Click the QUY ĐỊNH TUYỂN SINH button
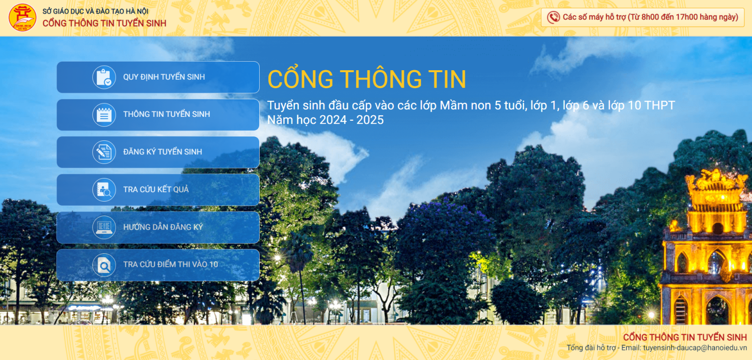pyautogui.click(x=158, y=77)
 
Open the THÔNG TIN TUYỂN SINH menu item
pyautogui.click(x=158, y=115)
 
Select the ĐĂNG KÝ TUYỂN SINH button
pyautogui.click(x=158, y=152)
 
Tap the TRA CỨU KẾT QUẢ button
pyautogui.click(x=158, y=190)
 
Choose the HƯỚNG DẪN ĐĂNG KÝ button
pyautogui.click(x=158, y=227)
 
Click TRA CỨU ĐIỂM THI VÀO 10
pyautogui.click(x=158, y=265)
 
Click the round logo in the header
pyautogui.click(x=23, y=18)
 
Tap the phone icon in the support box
pyautogui.click(x=553, y=18)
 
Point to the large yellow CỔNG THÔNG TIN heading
pyautogui.click(x=366, y=79)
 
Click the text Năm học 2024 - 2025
pyautogui.click(x=325, y=120)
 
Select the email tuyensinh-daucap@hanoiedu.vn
pyautogui.click(x=695, y=347)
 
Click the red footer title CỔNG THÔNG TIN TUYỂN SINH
pyautogui.click(x=685, y=337)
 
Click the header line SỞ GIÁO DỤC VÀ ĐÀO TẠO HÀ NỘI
pyautogui.click(x=95, y=11)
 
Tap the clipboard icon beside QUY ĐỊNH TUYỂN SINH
pyautogui.click(x=104, y=77)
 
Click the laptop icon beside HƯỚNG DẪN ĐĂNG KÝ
pyautogui.click(x=104, y=227)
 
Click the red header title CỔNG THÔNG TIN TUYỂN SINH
pyautogui.click(x=104, y=23)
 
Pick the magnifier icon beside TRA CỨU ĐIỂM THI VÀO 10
pyautogui.click(x=104, y=265)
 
